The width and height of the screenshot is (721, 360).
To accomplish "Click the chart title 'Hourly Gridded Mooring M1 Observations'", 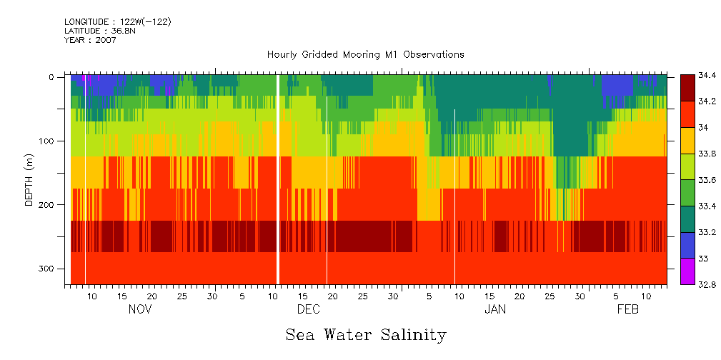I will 365,54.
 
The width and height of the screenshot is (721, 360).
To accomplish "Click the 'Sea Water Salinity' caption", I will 366,334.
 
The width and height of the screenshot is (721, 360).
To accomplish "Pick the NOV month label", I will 140,309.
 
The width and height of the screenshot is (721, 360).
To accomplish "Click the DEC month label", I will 309,309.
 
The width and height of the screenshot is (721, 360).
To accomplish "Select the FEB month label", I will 628,309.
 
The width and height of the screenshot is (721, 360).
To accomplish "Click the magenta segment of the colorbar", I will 687,271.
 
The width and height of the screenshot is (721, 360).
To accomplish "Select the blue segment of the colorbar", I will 687,245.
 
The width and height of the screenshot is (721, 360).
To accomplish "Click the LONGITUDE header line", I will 118,22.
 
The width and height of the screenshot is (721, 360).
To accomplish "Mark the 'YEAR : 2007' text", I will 90,40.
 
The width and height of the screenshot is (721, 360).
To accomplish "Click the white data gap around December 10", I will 277,179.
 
